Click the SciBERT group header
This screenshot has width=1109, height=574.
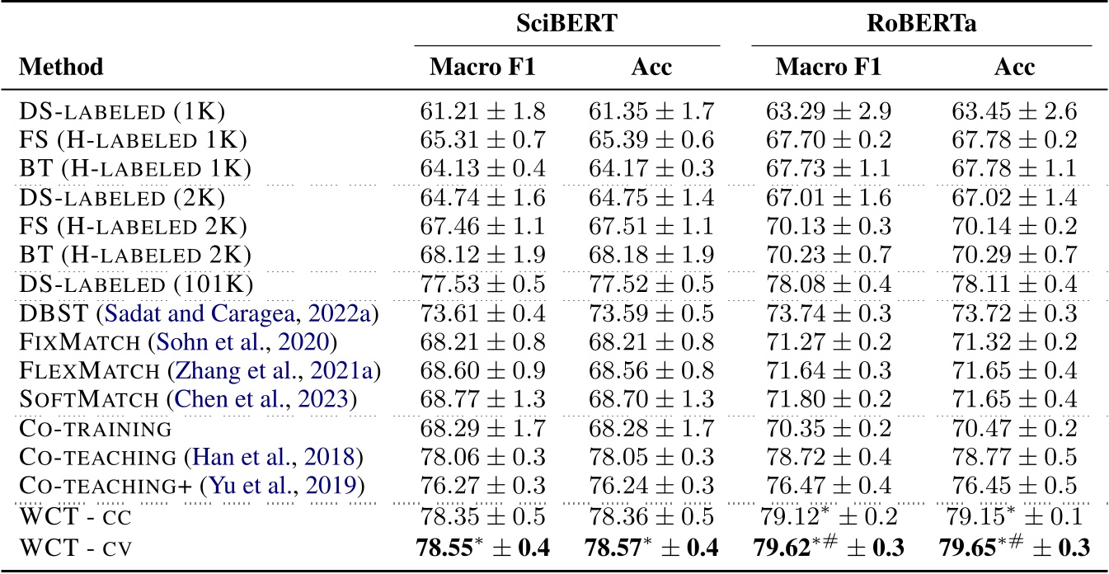(567, 24)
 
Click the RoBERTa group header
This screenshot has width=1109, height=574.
(922, 24)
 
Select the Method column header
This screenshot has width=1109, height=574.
(61, 67)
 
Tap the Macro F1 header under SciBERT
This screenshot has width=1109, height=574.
(483, 67)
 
